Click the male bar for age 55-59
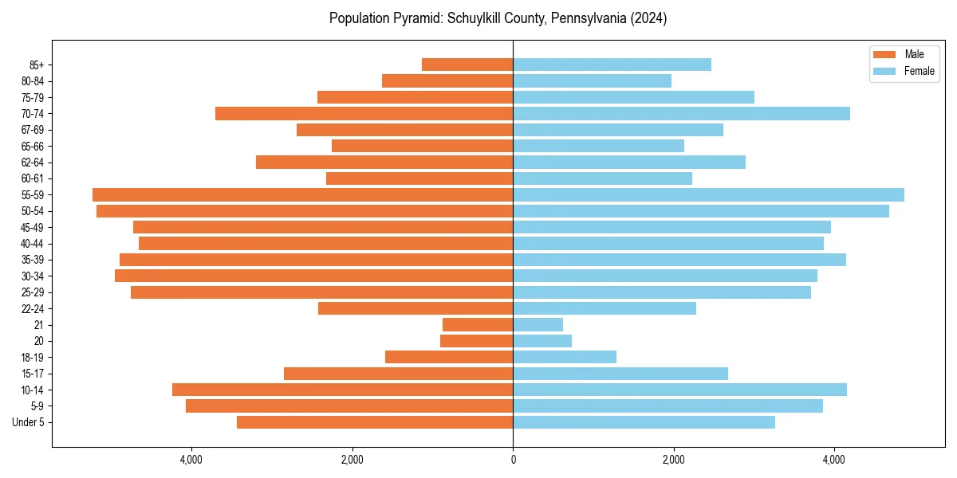click(303, 194)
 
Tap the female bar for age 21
click(538, 324)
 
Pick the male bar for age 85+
click(467, 65)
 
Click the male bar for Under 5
click(375, 422)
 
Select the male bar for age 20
click(476, 341)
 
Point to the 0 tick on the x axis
click(513, 460)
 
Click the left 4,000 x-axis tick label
click(191, 460)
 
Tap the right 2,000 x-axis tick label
click(674, 460)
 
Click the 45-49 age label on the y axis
click(33, 227)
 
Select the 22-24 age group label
click(33, 308)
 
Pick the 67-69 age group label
click(33, 130)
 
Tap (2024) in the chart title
click(650, 18)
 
